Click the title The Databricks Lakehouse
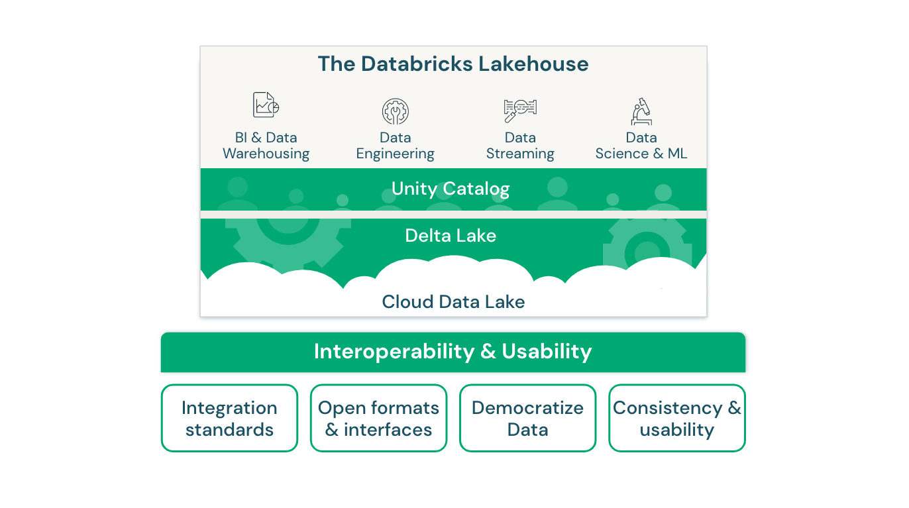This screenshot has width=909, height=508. tap(453, 64)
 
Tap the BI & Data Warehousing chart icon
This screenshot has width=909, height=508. tap(266, 105)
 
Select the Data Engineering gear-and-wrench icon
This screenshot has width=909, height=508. tap(395, 111)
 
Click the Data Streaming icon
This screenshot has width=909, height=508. tap(520, 109)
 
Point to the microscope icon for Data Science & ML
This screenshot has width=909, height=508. tap(641, 111)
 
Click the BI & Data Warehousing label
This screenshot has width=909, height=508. tap(266, 146)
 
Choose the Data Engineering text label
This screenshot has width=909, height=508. tap(395, 146)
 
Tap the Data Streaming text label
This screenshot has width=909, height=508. tap(520, 146)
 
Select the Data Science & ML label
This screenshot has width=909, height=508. tap(641, 146)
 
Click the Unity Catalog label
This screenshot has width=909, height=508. tap(451, 189)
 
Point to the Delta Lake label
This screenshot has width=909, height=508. tap(451, 236)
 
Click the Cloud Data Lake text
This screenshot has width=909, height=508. tap(453, 302)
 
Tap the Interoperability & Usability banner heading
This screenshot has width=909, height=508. tap(453, 351)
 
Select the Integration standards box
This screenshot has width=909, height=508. tap(229, 418)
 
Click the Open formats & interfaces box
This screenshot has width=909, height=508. tap(378, 418)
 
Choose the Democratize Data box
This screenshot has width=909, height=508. tap(527, 418)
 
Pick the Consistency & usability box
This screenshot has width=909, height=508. tap(676, 418)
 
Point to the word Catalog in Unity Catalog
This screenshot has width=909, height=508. tap(476, 189)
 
